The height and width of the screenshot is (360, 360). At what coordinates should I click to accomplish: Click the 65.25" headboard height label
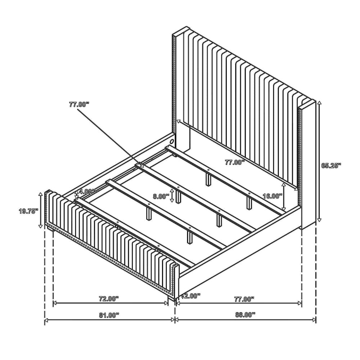(x=331, y=166)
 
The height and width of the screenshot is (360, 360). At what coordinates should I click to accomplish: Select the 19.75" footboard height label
(x=28, y=211)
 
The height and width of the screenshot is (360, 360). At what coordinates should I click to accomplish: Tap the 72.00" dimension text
(x=109, y=299)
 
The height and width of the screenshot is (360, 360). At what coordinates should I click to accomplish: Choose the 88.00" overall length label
(x=245, y=315)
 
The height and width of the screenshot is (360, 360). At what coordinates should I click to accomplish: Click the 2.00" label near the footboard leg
(x=192, y=296)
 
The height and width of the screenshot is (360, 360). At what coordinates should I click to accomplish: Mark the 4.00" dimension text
(x=86, y=191)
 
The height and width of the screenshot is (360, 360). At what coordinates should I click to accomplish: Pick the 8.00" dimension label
(x=161, y=197)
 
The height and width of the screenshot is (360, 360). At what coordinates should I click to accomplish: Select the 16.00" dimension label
(x=273, y=196)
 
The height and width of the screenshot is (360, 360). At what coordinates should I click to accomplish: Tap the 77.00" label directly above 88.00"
(x=244, y=299)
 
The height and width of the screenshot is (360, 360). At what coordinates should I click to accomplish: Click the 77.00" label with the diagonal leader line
(x=79, y=104)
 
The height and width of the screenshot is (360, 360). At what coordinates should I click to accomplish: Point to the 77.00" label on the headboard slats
(x=235, y=163)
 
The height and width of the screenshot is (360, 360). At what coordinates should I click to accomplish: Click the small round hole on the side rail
(x=172, y=140)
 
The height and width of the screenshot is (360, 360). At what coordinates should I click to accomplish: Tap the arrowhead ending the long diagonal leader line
(x=141, y=165)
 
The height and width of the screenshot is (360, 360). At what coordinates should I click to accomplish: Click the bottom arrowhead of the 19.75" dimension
(x=41, y=226)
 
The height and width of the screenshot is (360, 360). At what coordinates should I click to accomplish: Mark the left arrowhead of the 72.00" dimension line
(x=55, y=303)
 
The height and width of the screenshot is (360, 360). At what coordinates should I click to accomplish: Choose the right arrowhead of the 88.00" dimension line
(x=314, y=320)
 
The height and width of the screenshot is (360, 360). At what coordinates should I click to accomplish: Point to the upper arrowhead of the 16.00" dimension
(x=284, y=184)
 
